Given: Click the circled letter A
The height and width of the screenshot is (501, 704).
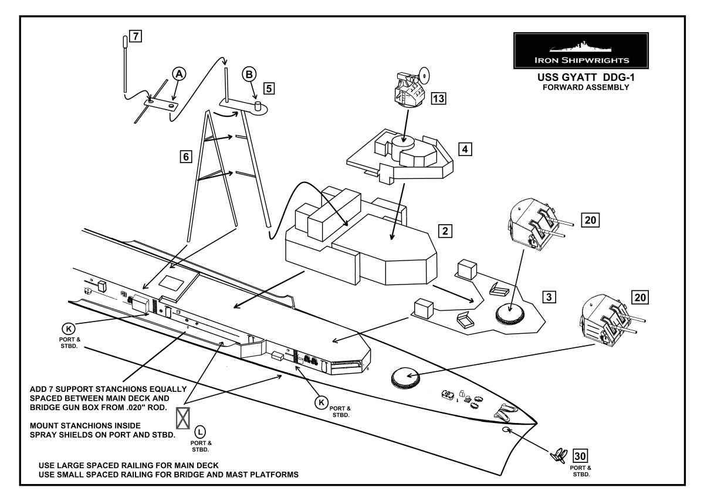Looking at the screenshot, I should click(x=179, y=73).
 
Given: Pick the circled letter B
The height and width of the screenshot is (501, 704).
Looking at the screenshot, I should click(x=249, y=75).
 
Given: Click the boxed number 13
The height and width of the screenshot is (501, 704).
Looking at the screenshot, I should click(x=438, y=98).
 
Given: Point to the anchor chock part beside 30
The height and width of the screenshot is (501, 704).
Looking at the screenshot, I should click(x=559, y=453).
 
